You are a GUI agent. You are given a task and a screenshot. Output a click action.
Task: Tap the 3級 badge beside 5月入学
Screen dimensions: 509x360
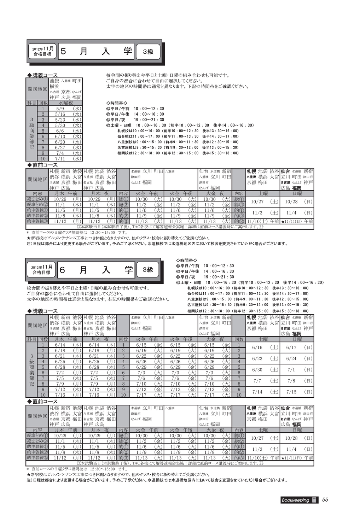tap(148, 52)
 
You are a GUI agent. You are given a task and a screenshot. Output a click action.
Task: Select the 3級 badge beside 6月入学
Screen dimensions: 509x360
tap(148, 270)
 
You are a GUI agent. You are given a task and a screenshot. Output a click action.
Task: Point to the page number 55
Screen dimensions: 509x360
tap(325, 499)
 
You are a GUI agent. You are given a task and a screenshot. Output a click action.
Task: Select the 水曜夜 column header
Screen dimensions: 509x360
tap(65, 103)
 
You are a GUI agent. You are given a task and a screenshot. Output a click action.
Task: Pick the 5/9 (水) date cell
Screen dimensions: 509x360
tap(65, 109)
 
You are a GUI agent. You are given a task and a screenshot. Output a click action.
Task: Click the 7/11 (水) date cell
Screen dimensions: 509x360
tap(65, 159)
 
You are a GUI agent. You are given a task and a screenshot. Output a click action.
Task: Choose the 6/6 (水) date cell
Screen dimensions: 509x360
tap(65, 131)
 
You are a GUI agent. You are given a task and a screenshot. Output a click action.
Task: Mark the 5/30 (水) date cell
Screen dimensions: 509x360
tap(65, 125)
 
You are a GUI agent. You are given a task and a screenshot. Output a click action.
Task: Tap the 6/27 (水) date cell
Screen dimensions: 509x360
tap(65, 147)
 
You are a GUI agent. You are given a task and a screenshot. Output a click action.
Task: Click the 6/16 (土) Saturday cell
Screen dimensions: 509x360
tap(262, 347)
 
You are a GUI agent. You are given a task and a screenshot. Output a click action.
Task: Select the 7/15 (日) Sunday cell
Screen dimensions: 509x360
tap(296, 392)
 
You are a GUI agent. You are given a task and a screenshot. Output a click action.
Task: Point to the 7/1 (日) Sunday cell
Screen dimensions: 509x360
tap(296, 370)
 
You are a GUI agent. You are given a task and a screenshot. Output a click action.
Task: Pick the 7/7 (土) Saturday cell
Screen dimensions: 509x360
tap(262, 381)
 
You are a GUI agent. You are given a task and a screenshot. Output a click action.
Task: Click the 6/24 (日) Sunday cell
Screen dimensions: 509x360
tap(296, 358)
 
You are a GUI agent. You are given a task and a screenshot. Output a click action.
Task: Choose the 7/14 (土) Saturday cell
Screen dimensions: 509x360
tap(262, 392)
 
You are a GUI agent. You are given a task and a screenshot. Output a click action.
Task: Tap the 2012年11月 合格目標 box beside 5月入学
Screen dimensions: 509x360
tap(42, 52)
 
